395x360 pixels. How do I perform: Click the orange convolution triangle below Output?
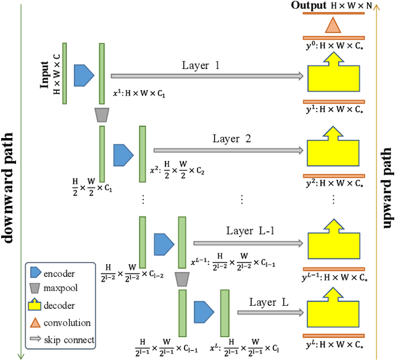(x=333, y=25)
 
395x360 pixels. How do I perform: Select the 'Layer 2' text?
(x=230, y=139)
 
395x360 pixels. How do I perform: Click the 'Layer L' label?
(x=268, y=301)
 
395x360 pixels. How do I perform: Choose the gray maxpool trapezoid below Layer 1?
(x=102, y=115)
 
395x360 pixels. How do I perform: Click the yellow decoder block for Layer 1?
(x=333, y=77)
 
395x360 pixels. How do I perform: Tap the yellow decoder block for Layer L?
(x=333, y=313)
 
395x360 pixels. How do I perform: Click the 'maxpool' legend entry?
(x=60, y=288)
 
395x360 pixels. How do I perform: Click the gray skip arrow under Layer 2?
(x=229, y=150)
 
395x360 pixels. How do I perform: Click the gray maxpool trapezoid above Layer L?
(x=181, y=279)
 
